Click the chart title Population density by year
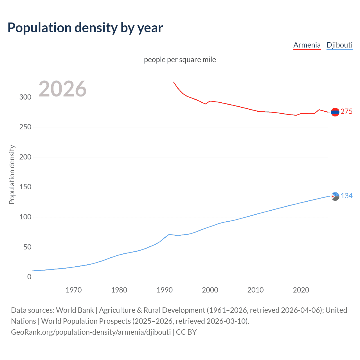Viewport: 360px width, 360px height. pos(85,28)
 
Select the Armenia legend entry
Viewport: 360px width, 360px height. pos(307,45)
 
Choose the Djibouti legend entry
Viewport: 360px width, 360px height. pos(339,45)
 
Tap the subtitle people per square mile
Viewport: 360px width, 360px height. pos(180,60)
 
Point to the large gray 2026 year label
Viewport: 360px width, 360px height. pos(62,89)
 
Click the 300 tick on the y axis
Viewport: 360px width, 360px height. pos(25,97)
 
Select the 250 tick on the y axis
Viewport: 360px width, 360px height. pos(25,127)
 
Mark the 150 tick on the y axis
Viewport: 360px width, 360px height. pos(25,187)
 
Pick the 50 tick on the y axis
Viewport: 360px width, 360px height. pos(27,247)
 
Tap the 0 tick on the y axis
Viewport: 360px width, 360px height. pos(29,277)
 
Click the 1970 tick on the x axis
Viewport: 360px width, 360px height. pos(74,290)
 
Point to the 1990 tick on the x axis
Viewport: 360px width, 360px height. pos(165,290)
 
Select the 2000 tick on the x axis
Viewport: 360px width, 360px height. pos(210,290)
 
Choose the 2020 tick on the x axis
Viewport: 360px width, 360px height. pos(301,290)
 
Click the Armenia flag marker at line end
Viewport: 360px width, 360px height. pos(335,112)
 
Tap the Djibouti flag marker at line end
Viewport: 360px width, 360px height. pos(335,196)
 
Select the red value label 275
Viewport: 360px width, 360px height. pos(346,112)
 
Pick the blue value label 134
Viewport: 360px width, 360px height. pos(346,196)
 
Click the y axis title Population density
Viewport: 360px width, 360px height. pos(12,174)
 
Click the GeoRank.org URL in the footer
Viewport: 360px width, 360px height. pos(91,332)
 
